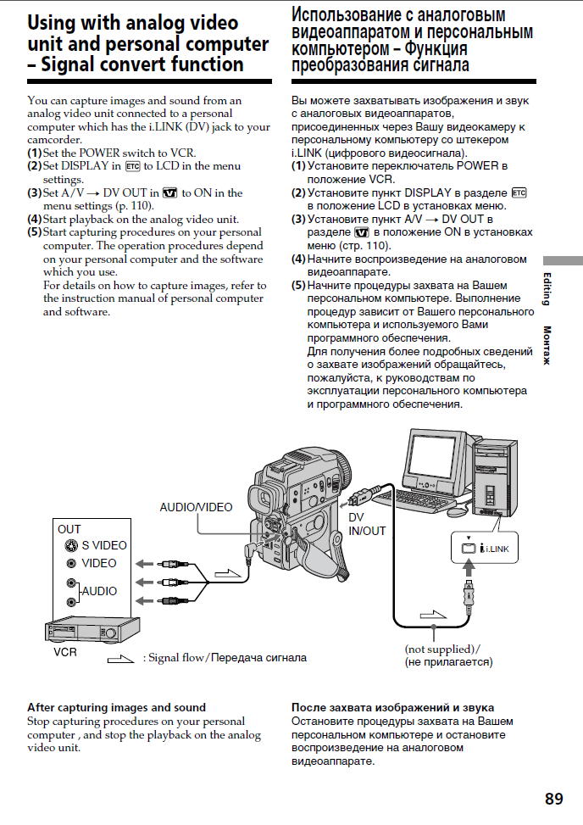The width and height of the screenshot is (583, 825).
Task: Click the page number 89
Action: [553, 799]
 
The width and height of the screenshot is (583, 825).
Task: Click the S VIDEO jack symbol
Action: [71, 545]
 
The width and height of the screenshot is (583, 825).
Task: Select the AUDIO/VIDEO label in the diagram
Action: [196, 507]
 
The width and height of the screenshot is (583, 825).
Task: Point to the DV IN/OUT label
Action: [367, 524]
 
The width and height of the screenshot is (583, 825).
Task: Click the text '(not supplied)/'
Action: [441, 649]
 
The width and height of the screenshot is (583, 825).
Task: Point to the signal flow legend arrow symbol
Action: [120, 658]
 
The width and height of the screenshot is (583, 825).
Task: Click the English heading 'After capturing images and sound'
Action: [116, 707]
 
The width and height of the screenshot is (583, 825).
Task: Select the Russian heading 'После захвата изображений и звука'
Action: [392, 707]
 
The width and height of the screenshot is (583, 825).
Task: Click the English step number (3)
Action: [34, 192]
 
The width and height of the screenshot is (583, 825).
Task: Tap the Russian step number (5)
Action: [298, 285]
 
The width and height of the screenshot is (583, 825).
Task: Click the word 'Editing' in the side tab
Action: [547, 289]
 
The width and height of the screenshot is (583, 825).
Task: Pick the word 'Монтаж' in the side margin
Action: [547, 345]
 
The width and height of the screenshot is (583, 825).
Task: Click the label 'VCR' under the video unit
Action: [66, 654]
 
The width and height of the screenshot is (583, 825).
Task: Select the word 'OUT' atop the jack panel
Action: [69, 529]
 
